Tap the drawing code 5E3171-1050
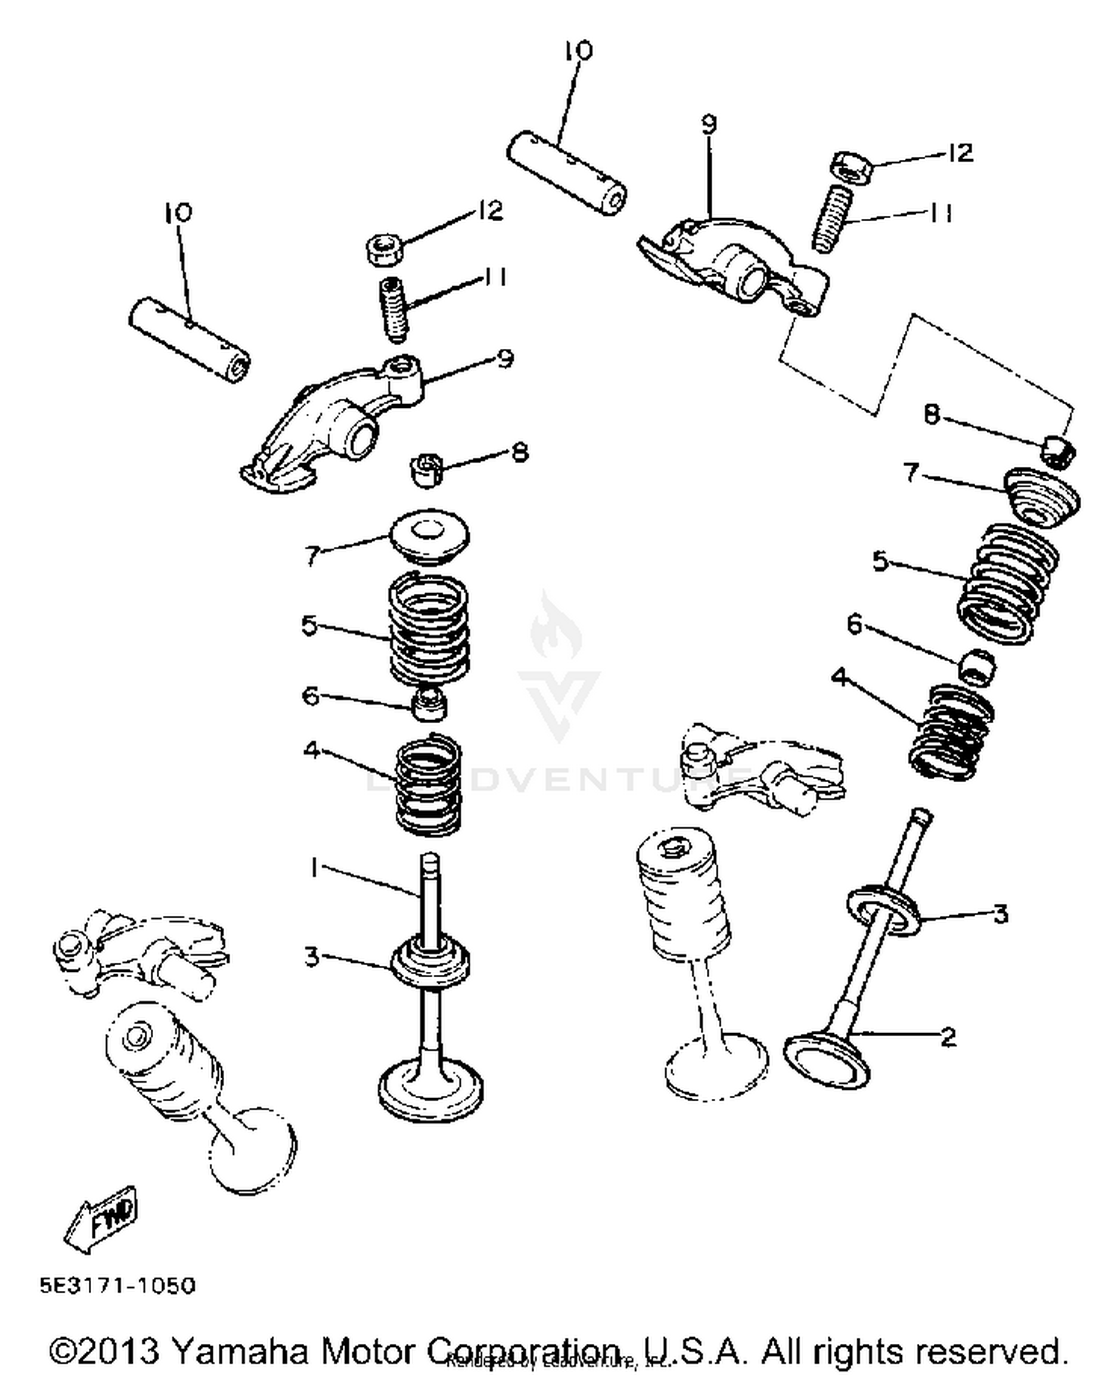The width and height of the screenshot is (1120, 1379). click(117, 1286)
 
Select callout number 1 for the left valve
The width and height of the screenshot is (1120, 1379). click(315, 867)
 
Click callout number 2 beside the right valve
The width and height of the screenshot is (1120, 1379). click(948, 1036)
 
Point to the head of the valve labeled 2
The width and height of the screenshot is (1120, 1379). click(827, 1059)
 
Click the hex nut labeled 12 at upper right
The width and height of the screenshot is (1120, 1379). click(849, 166)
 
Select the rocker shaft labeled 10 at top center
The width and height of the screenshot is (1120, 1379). click(567, 173)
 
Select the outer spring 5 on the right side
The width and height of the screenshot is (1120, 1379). click(1008, 583)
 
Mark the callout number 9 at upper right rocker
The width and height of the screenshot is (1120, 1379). click(708, 124)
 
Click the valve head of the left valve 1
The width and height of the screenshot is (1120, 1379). click(430, 1090)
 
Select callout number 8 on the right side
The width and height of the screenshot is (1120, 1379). click(930, 414)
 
